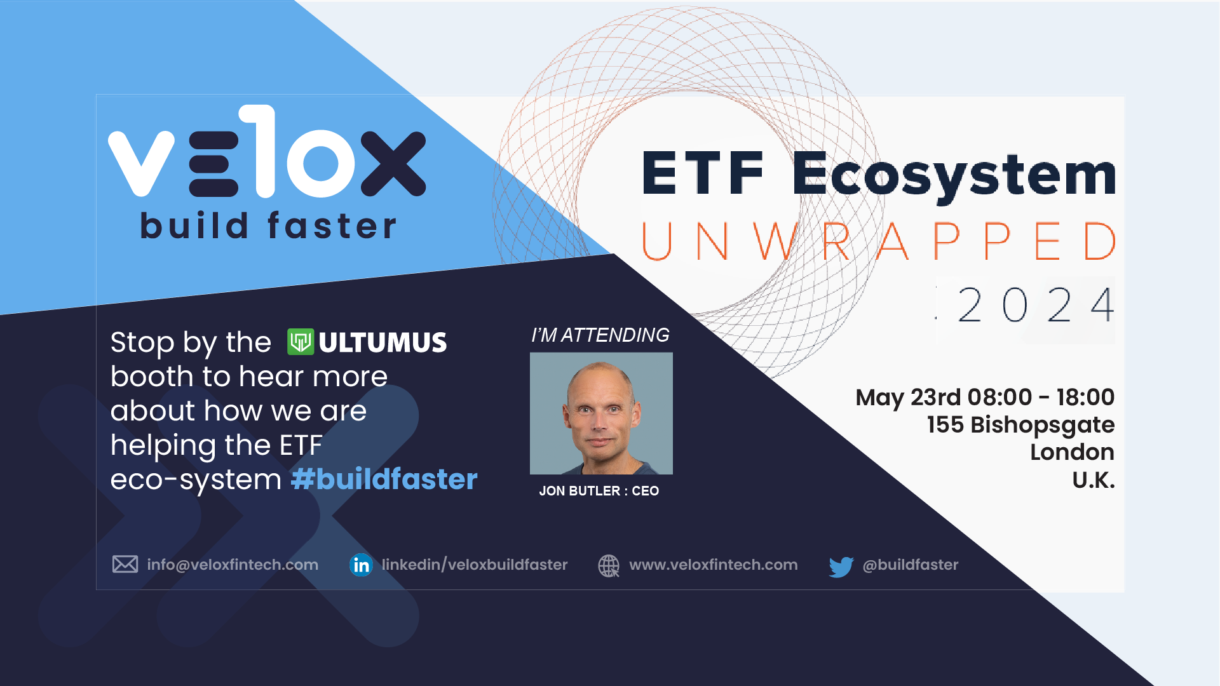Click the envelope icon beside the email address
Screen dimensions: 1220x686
click(125, 564)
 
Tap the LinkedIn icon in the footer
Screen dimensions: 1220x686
click(361, 565)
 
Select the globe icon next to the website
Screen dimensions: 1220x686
click(609, 565)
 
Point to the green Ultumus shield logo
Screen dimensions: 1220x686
click(301, 342)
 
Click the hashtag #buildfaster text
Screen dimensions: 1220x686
click(384, 479)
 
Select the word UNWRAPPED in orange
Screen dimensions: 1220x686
click(878, 241)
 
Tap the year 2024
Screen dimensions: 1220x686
click(1036, 306)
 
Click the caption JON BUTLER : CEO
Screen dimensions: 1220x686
click(599, 491)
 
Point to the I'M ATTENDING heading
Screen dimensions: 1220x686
click(600, 335)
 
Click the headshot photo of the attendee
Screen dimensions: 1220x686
click(601, 414)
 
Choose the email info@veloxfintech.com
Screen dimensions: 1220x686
click(233, 565)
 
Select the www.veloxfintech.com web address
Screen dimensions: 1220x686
click(714, 565)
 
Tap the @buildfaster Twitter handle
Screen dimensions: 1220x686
click(911, 565)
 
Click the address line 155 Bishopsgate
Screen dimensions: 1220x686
click(1020, 425)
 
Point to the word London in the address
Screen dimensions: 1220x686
click(1072, 452)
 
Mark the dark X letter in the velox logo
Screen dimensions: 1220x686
click(393, 163)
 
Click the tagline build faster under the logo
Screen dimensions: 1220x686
click(268, 225)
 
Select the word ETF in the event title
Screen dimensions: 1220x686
click(702, 173)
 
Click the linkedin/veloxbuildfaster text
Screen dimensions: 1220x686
click(475, 565)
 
